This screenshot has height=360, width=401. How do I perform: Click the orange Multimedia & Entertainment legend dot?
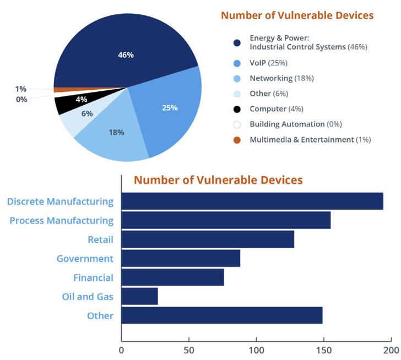237,140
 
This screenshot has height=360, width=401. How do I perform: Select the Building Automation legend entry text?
289,124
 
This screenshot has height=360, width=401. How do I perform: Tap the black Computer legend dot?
237,109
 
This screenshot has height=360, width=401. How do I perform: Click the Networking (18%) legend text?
281,78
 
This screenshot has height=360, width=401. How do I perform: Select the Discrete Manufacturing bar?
252,201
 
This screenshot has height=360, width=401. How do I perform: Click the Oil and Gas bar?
139,297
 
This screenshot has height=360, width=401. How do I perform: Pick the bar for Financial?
172,277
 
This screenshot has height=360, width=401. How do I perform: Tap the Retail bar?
208,239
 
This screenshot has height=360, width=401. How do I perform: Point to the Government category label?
85,258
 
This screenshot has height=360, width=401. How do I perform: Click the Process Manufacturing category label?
62,221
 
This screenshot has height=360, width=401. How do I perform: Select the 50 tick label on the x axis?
189,350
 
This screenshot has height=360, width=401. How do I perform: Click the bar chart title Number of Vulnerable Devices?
218,180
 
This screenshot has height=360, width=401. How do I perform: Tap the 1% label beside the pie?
21,89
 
